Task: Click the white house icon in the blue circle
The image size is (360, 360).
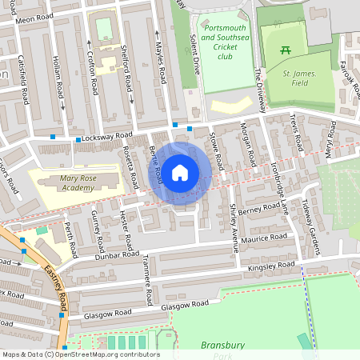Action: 180,173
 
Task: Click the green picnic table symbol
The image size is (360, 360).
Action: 286,51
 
